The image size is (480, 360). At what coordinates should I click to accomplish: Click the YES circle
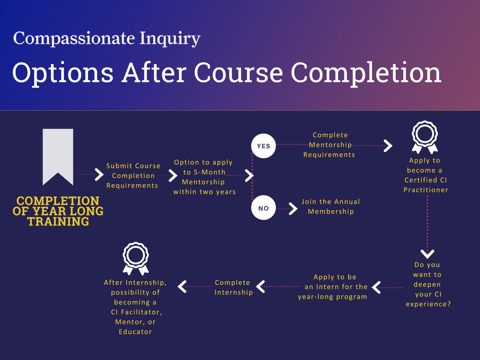[263, 146]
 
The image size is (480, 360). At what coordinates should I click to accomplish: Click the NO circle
[263, 208]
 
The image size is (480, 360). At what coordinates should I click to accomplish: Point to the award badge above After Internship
[136, 258]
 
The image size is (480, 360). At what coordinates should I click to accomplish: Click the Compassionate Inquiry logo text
[107, 38]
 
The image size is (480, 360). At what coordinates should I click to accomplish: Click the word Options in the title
[63, 73]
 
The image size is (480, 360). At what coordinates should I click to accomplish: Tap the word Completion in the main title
[366, 73]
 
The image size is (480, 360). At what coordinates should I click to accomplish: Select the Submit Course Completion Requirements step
[133, 176]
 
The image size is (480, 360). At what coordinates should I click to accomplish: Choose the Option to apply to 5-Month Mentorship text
[204, 177]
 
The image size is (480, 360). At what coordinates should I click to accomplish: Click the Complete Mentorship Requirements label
[330, 145]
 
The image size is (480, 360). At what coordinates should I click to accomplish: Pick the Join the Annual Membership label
[331, 206]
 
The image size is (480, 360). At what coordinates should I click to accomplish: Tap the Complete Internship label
[233, 287]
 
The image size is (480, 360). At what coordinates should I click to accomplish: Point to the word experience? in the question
[428, 304]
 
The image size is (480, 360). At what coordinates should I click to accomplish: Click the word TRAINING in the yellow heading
[58, 221]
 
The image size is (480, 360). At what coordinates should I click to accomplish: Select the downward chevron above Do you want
[427, 254]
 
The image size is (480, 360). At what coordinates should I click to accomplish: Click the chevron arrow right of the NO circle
[293, 209]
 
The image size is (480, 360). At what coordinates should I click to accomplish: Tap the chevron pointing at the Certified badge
[388, 146]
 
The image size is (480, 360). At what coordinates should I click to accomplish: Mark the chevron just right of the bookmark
[99, 174]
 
